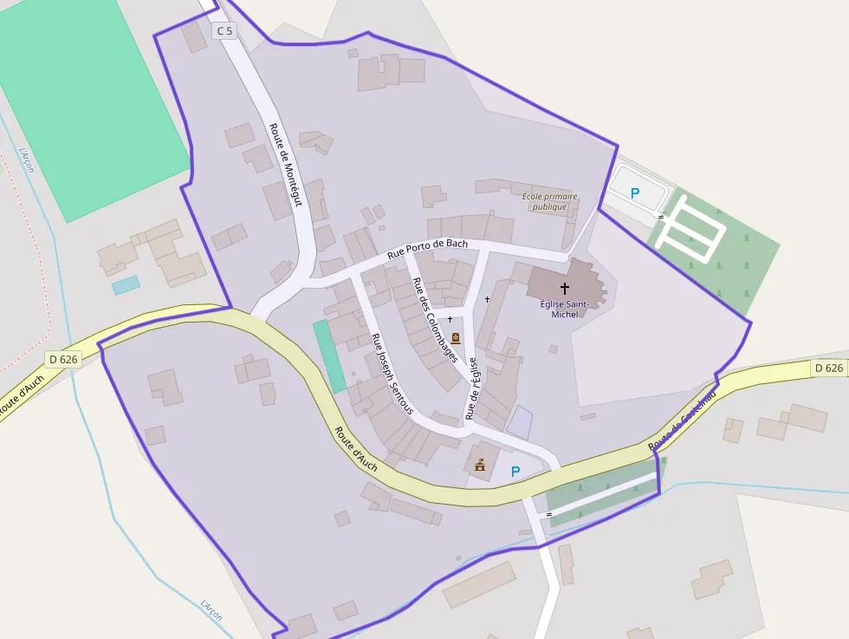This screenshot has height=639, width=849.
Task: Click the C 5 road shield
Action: coord(224,31)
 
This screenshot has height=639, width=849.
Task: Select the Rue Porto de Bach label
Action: coord(428,249)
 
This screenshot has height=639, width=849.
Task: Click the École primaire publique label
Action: coord(549,202)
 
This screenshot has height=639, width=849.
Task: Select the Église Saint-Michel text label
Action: coord(564,309)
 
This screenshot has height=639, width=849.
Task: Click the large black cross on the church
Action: coord(565,288)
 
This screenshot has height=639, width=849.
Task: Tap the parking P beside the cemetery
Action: coord(635,194)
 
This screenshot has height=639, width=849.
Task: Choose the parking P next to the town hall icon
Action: coord(515,472)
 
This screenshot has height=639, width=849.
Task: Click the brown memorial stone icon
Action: coord(456,338)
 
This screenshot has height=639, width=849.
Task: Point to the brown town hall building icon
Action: coord(479,466)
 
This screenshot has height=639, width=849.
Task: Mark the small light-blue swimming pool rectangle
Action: coord(126,284)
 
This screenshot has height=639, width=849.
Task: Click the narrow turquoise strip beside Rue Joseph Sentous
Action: coord(328,355)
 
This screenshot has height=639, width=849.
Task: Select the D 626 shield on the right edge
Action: coord(828,368)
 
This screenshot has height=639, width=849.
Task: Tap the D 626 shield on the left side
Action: coord(63,359)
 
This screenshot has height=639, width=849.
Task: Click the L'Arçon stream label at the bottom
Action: coord(211,610)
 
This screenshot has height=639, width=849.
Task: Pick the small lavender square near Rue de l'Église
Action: coord(520,422)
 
